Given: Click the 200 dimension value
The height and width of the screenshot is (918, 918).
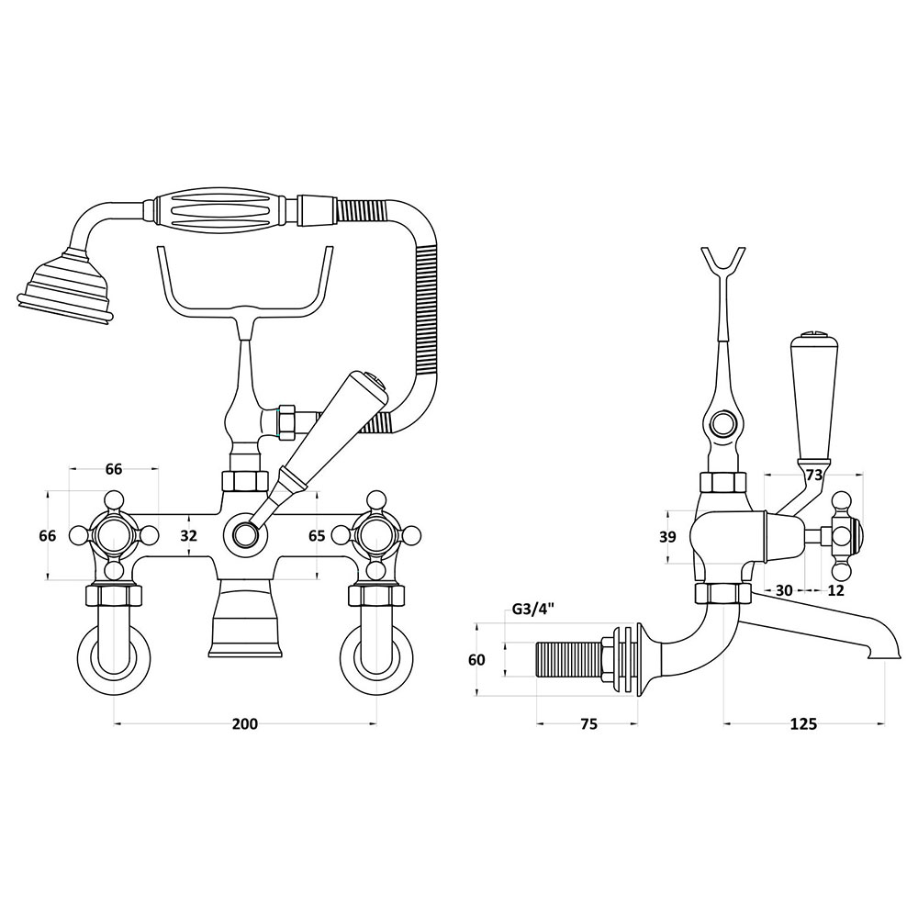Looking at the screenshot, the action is coord(245,723).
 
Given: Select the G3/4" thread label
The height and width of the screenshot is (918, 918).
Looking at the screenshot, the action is coord(533,610).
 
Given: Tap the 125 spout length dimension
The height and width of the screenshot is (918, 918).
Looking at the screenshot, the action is coord(803,723).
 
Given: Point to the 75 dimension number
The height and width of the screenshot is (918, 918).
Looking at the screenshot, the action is coord(589,723).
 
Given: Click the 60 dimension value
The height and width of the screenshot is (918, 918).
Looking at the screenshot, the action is coord(477,660).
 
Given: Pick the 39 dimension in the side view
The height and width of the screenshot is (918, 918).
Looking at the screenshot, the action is coord(667,536).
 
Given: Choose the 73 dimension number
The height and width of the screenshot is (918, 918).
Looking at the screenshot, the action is coord(814,475).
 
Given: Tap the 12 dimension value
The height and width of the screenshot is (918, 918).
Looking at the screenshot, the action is coord(836,590).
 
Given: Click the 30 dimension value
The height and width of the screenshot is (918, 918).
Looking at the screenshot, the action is coord(784,590).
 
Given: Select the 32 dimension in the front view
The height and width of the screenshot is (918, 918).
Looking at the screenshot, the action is coord(188,535).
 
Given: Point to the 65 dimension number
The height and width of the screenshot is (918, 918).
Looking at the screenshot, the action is coord(317,535).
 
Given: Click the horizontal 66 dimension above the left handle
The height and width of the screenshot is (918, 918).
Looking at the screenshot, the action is coord(114,469).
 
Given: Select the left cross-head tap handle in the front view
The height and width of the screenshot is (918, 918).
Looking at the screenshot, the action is coord(114,535).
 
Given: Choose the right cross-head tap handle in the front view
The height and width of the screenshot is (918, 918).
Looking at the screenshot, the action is coord(376,535).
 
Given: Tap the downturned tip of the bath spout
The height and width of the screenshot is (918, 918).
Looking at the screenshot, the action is coord(884,650).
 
